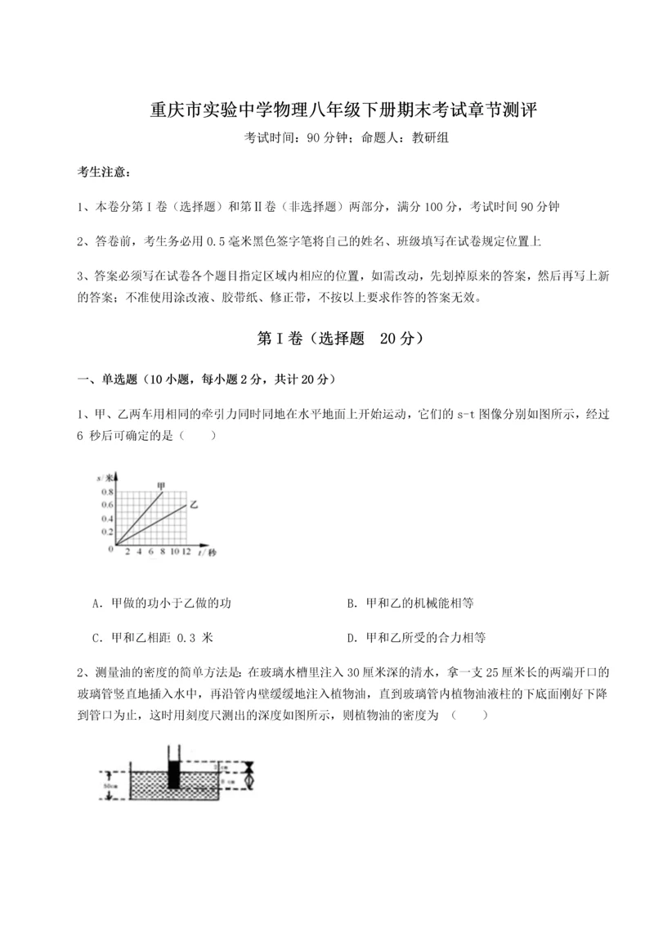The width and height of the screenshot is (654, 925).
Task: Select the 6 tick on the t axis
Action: click(x=151, y=553)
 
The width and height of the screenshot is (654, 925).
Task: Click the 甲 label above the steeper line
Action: click(x=163, y=486)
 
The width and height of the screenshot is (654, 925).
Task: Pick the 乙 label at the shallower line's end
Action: click(x=194, y=505)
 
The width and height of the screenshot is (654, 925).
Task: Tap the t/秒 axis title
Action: click(x=209, y=554)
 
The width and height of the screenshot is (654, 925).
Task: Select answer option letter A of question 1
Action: click(x=97, y=604)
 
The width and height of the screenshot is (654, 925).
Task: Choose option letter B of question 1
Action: click(x=351, y=604)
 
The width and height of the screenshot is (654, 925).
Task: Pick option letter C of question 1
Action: click(x=97, y=637)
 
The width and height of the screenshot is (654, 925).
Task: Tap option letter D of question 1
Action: click(x=351, y=637)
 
